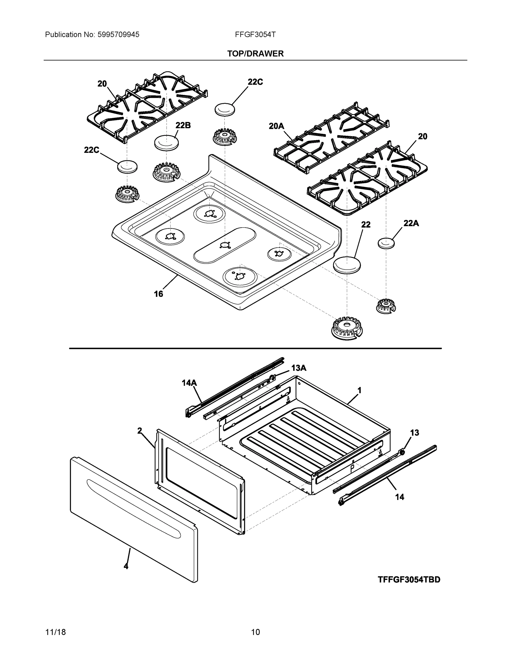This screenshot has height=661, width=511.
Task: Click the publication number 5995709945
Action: pos(118,35)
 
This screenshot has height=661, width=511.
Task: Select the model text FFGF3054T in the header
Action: pos(255,34)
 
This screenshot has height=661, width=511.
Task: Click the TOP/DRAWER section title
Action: pos(255,54)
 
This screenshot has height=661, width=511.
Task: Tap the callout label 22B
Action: pos(183,125)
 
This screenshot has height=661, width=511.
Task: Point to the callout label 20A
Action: pos(276,126)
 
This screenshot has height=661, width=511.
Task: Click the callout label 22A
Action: pos(411,223)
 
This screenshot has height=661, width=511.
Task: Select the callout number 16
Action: pos(158,294)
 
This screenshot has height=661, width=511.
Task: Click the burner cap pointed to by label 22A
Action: pos(386,243)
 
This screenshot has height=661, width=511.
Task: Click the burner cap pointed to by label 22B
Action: pos(166,142)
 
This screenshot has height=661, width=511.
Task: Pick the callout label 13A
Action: pos(299,368)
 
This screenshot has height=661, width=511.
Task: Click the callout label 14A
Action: pos(189,383)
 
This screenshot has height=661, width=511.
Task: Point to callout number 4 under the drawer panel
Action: pos(126,566)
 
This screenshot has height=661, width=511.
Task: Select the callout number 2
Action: pos(140,431)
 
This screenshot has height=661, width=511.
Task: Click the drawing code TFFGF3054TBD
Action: pos(409,579)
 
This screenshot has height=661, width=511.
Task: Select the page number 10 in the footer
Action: pos(255,632)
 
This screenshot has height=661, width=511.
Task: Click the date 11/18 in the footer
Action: pos(55,632)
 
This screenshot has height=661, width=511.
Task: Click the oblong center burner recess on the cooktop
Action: pos(225,245)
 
